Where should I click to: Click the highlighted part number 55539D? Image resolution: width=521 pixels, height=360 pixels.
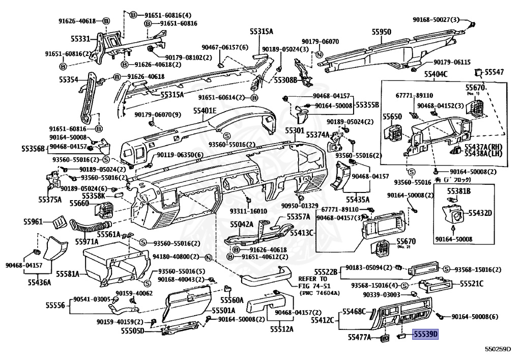425,335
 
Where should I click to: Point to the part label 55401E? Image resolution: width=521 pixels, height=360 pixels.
205,111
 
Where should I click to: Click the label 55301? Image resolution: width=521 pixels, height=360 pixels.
294,131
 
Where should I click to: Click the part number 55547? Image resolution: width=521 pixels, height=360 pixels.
494,72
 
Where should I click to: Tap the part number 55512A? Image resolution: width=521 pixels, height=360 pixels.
281,328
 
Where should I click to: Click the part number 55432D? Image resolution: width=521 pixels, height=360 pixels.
480,212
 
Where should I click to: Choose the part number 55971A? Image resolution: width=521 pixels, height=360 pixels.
88,241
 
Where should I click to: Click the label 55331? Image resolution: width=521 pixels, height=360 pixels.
81,39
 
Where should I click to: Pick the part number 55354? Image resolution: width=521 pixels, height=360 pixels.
69,80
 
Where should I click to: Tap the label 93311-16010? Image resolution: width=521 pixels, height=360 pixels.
248,211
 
